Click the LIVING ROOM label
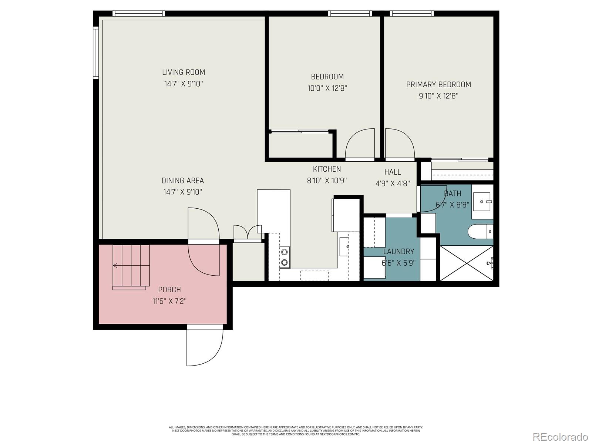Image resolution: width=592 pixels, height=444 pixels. pyautogui.click(x=184, y=73)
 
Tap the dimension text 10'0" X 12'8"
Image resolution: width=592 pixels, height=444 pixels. pyautogui.click(x=327, y=88)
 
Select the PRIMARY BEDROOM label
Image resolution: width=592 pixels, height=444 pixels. pyautogui.click(x=438, y=84)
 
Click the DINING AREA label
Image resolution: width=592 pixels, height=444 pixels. pyautogui.click(x=183, y=181)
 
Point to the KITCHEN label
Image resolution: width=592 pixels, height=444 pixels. pyautogui.click(x=327, y=169)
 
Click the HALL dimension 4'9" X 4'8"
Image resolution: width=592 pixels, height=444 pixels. pyautogui.click(x=393, y=184)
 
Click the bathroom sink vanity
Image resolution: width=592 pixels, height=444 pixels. pyautogui.click(x=482, y=202)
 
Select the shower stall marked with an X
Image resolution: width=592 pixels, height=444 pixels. pyautogui.click(x=467, y=263)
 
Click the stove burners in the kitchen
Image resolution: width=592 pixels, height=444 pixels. pyautogui.click(x=285, y=257)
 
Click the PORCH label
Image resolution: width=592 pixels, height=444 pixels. pyautogui.click(x=169, y=290)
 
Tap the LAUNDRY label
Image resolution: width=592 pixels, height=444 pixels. pyautogui.click(x=398, y=252)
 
